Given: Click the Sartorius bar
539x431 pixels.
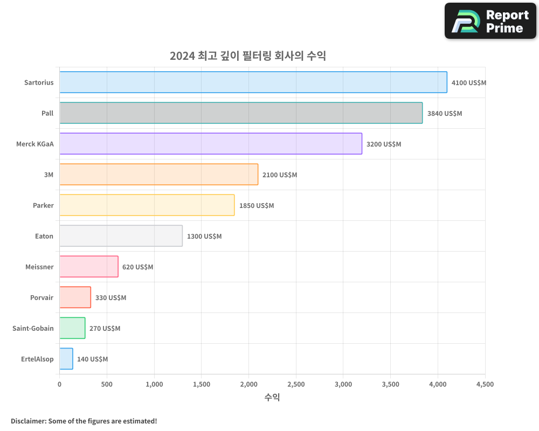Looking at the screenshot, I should click(x=253, y=82).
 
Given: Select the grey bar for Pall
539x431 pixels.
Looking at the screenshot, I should click(x=241, y=113).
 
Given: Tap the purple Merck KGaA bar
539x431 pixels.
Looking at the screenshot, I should click(x=211, y=144).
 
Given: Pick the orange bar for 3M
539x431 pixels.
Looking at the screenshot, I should click(x=159, y=175).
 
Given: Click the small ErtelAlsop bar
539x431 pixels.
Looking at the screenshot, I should click(x=66, y=359).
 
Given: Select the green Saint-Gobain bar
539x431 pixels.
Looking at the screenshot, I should click(x=72, y=328).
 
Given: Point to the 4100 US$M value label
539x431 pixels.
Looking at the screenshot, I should click(x=468, y=83).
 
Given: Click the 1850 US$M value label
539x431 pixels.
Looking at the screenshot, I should click(x=257, y=206).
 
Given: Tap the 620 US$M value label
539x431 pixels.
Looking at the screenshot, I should click(x=137, y=267).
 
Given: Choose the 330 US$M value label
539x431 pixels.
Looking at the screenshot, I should click(x=110, y=298).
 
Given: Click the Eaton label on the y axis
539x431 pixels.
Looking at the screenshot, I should click(x=44, y=236).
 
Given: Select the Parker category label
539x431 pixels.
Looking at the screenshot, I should click(x=43, y=205).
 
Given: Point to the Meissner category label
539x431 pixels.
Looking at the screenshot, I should click(x=39, y=267).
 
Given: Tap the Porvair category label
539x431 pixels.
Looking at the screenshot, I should click(x=42, y=297).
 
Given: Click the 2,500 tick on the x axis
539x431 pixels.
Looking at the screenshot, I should click(x=296, y=384).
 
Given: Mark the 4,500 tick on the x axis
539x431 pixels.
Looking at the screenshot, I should click(x=485, y=384).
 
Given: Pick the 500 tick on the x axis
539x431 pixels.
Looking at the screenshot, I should click(x=107, y=384).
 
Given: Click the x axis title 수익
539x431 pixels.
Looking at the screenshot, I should click(x=272, y=398).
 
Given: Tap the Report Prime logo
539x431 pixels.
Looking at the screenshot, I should click(x=490, y=21).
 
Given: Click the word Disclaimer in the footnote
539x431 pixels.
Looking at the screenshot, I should click(x=28, y=421).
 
